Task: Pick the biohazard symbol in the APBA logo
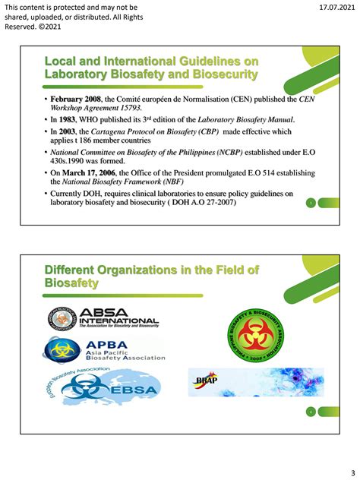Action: coord(58,350)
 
